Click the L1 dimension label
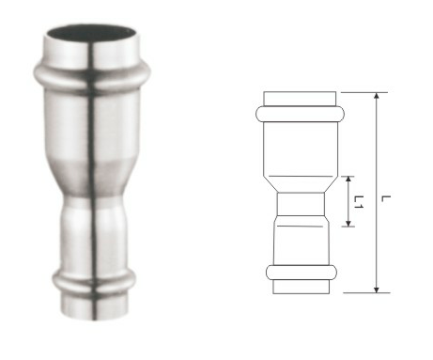click(359, 202)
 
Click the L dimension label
click(386, 198)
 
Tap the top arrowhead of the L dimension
click(377, 96)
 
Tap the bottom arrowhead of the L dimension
click(377, 290)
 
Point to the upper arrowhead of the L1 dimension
click(348, 180)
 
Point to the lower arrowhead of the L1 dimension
click(348, 223)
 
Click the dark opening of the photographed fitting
click(92, 33)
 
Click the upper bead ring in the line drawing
click(301, 114)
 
